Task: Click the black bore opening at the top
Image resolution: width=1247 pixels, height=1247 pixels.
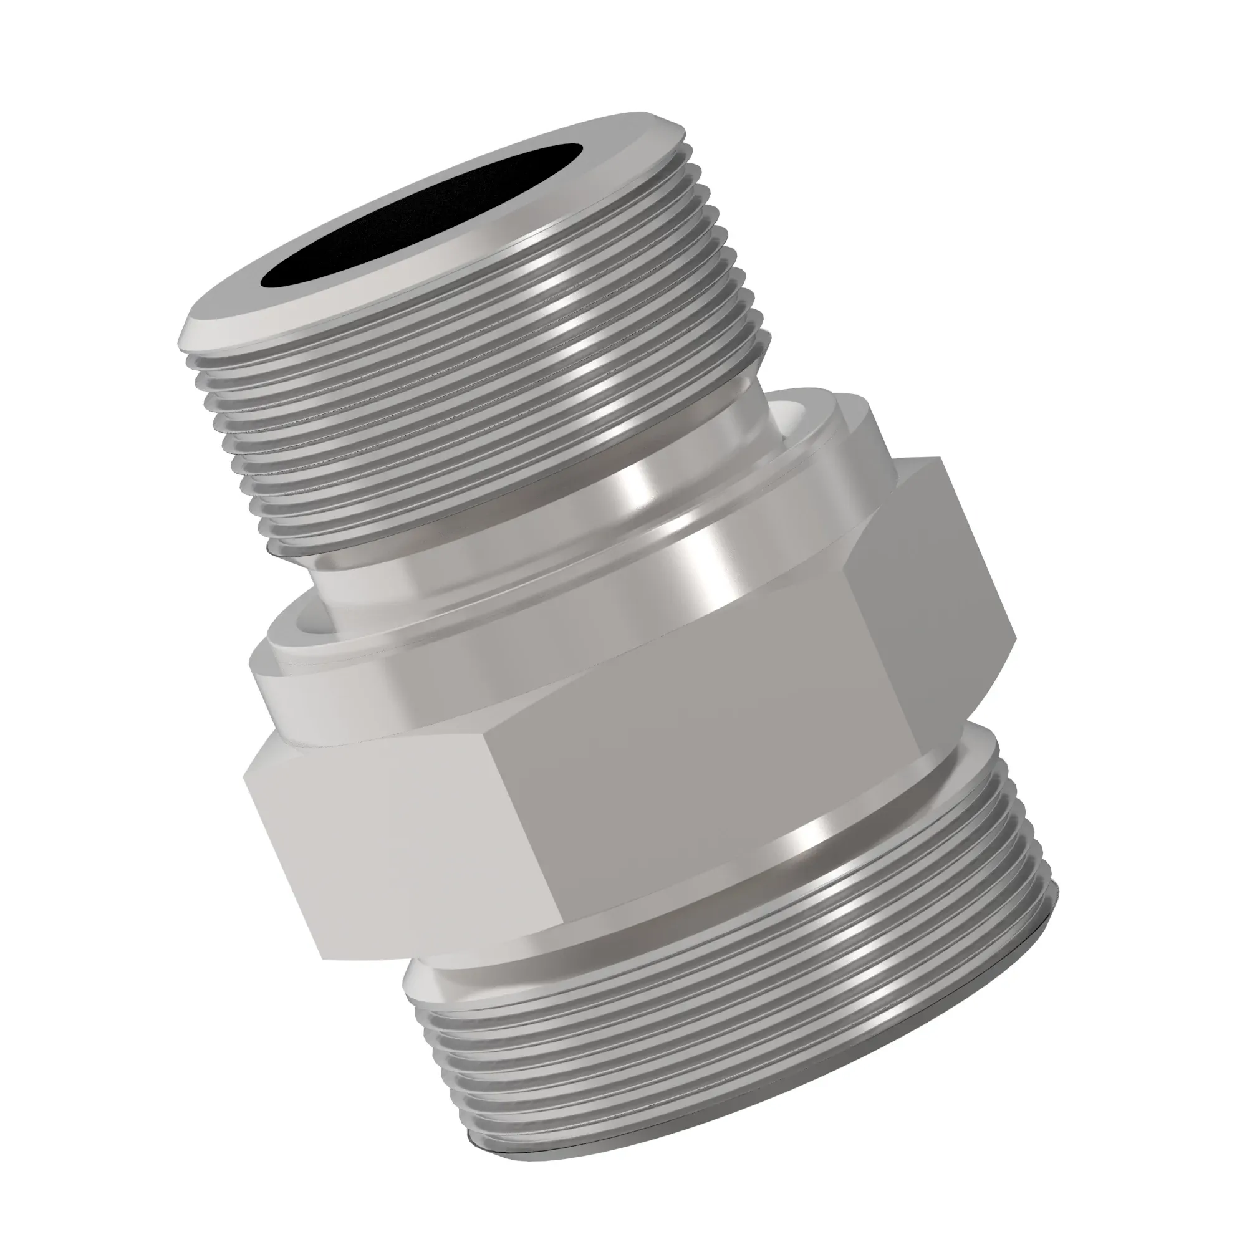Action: point(420,216)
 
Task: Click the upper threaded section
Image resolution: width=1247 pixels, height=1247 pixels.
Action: point(491,400)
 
